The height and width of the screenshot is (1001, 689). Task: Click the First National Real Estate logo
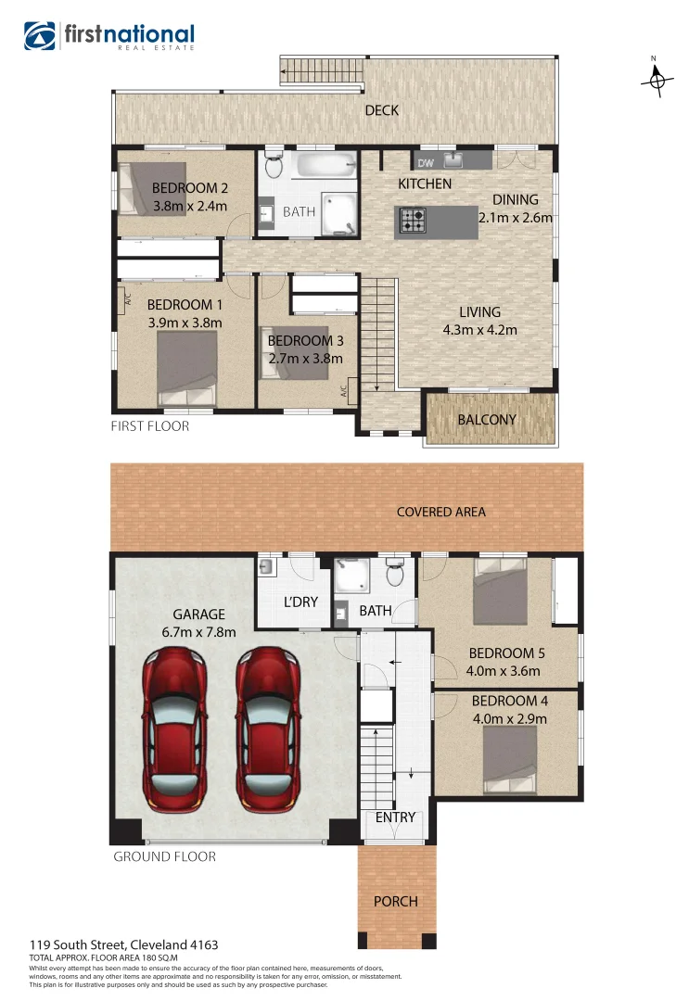tap(108, 36)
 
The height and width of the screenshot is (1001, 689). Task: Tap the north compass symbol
tap(656, 81)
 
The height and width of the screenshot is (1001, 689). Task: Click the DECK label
tap(381, 110)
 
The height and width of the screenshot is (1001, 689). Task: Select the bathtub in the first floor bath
tap(324, 168)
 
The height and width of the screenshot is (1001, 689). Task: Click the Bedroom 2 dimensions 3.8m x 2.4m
tap(189, 207)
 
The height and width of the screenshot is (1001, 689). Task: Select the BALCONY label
tap(487, 420)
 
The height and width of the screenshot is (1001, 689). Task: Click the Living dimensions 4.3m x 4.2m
tap(479, 330)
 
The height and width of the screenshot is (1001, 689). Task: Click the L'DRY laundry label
tap(300, 602)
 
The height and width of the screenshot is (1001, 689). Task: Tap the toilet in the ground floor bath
tap(394, 574)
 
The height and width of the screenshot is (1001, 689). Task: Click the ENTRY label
tap(395, 817)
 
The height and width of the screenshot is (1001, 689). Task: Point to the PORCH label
tap(396, 901)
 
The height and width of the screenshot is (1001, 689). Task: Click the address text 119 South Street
tap(124, 944)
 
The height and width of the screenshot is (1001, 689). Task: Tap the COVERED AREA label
tap(440, 512)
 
